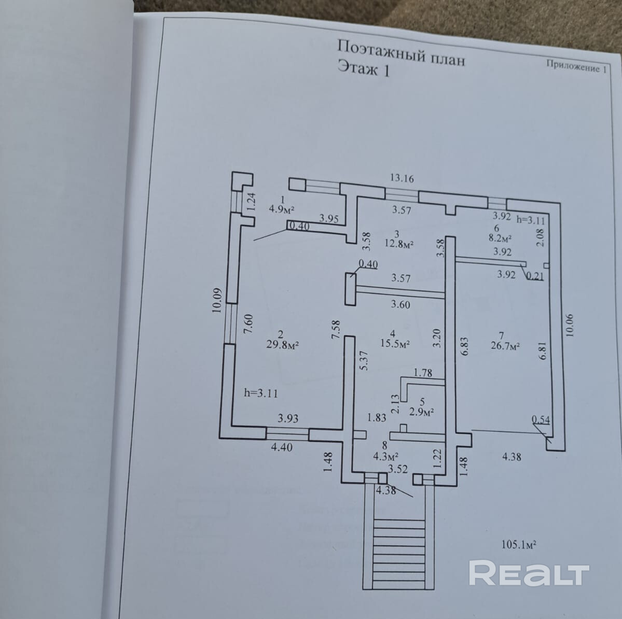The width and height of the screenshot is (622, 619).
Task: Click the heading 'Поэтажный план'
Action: coord(400,53)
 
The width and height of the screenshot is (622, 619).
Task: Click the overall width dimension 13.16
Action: coord(402,178)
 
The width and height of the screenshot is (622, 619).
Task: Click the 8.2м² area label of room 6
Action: coord(500,238)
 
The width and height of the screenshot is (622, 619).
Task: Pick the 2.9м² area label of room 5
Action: coord(421,412)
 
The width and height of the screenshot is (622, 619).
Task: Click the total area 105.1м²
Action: coord(519,545)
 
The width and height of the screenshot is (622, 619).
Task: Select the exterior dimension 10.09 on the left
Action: coord(217,300)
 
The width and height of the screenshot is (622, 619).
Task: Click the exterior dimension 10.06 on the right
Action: coord(570,326)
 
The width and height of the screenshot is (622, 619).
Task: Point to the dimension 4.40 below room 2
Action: coord(281,447)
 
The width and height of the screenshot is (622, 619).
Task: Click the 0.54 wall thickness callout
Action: coord(541,420)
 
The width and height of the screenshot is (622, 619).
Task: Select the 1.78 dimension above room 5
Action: coord(423,373)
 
